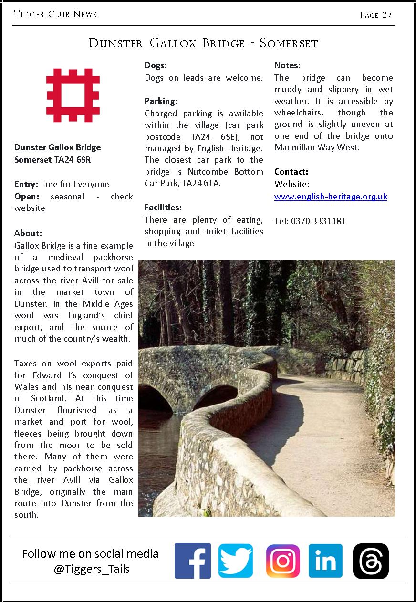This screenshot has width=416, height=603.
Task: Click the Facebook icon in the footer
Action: [193, 561]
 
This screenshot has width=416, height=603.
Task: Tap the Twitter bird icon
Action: [236, 561]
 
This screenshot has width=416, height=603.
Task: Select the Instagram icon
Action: [283, 561]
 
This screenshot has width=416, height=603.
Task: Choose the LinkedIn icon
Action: [325, 561]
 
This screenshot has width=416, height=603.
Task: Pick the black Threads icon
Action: [371, 561]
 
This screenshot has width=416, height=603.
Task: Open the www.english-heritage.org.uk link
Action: [331, 197]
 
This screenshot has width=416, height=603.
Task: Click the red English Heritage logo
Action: [73, 95]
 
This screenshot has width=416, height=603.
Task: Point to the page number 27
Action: [387, 15]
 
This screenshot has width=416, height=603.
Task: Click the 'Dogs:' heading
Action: [156, 66]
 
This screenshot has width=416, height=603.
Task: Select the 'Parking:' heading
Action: [161, 101]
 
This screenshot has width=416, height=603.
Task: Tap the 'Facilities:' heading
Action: [163, 208]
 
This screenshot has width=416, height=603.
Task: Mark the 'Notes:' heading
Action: [287, 66]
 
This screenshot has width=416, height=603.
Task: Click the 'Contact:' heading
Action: [291, 172]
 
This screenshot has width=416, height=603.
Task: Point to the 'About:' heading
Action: [28, 233]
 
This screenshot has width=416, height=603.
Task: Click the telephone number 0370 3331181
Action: [318, 221]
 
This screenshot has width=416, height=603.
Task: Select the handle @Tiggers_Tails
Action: [92, 569]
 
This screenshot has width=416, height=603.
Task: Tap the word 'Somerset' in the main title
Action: [289, 43]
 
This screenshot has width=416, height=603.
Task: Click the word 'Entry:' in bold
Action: [26, 184]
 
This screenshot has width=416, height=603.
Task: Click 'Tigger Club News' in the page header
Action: [55, 14]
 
